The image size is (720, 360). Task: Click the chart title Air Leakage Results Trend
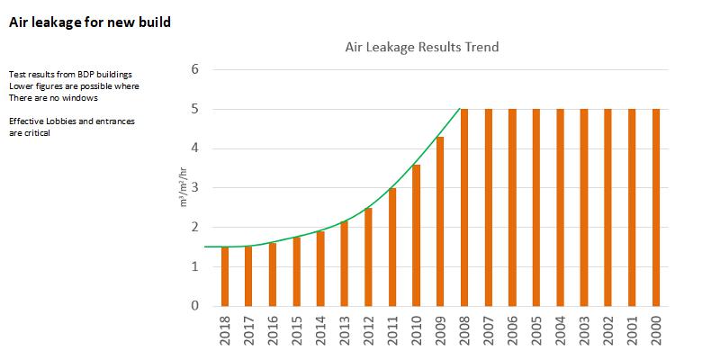click(x=422, y=46)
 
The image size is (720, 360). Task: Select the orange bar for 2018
click(x=225, y=276)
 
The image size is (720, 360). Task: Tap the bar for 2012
click(x=368, y=256)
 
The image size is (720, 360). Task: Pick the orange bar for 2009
click(x=440, y=221)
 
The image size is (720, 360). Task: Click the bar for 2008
click(x=464, y=207)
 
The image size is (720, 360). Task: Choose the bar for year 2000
click(x=656, y=207)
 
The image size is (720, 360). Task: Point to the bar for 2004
click(x=560, y=207)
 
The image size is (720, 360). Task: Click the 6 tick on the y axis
click(x=193, y=69)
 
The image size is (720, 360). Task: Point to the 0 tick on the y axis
click(x=193, y=306)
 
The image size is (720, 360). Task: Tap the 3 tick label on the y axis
click(x=193, y=188)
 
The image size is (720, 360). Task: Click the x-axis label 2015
click(x=297, y=334)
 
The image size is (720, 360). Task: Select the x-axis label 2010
click(x=417, y=334)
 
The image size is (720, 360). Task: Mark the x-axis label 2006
click(x=512, y=334)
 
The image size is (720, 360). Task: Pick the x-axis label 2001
click(x=632, y=334)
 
